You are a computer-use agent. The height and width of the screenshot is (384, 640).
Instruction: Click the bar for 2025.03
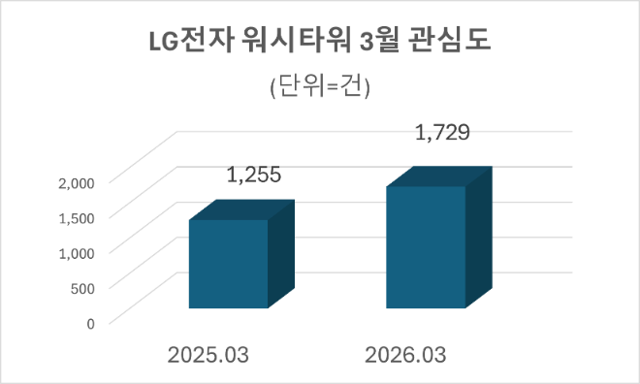click(x=228, y=264)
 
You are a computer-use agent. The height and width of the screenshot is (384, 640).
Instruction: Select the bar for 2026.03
click(x=426, y=247)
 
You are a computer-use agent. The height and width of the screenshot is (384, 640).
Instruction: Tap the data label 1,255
click(x=254, y=176)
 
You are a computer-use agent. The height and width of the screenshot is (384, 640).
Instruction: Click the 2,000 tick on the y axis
click(x=76, y=181)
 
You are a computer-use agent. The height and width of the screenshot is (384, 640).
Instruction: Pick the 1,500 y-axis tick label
click(x=76, y=216)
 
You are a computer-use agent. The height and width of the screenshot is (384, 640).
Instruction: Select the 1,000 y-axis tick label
click(x=76, y=252)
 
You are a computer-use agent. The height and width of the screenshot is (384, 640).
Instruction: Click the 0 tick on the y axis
click(x=90, y=322)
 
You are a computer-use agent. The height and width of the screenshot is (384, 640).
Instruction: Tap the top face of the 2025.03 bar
click(x=240, y=210)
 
